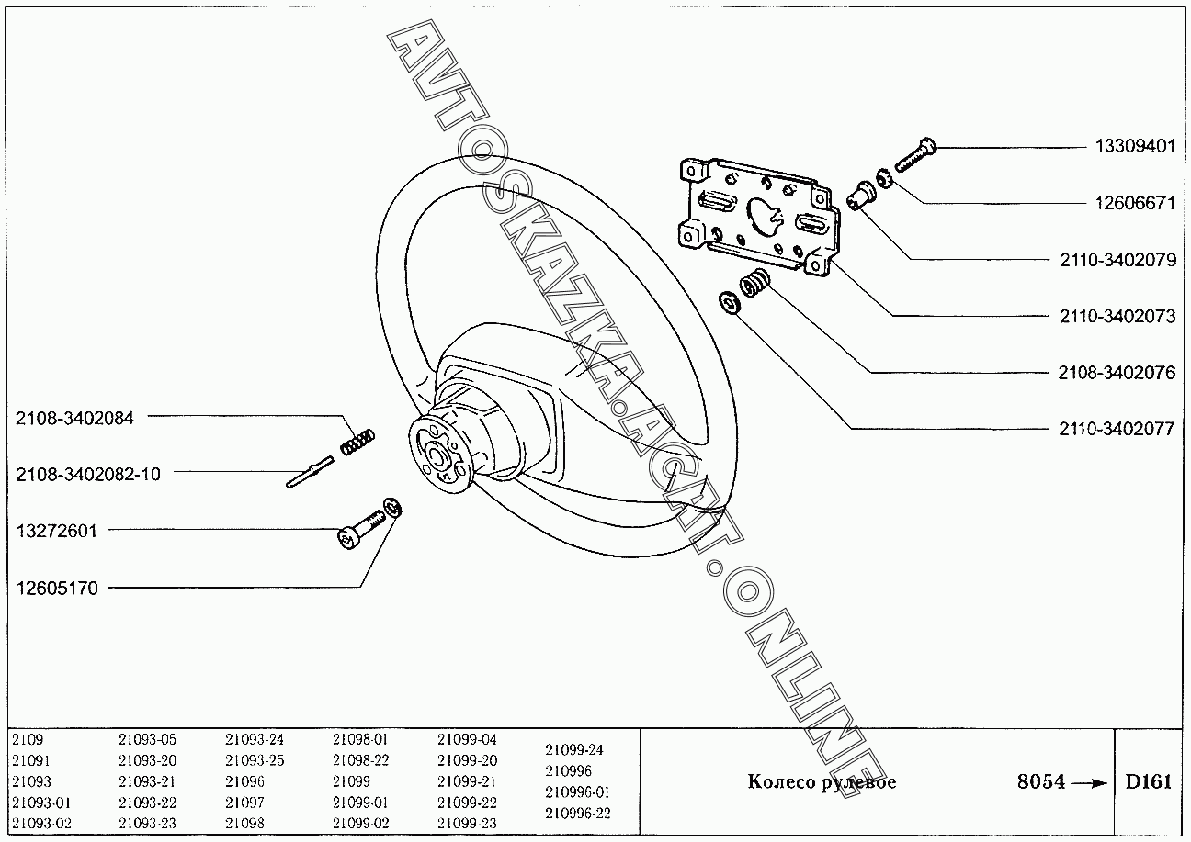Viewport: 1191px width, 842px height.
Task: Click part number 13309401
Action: tap(1134, 147)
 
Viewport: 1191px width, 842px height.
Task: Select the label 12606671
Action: tap(1134, 204)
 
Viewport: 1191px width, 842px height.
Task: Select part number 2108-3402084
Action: tap(74, 418)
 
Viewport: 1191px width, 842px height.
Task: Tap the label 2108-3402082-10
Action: tap(87, 474)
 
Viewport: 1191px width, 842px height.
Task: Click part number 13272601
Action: tap(56, 531)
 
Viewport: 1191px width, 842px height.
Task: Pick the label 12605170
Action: tap(56, 588)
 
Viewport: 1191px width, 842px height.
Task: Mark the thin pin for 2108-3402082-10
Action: tap(310, 476)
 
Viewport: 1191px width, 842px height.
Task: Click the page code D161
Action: tap(1149, 782)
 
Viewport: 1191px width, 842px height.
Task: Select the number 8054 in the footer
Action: tap(1041, 782)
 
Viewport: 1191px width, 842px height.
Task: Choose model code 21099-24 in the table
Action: tap(574, 749)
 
